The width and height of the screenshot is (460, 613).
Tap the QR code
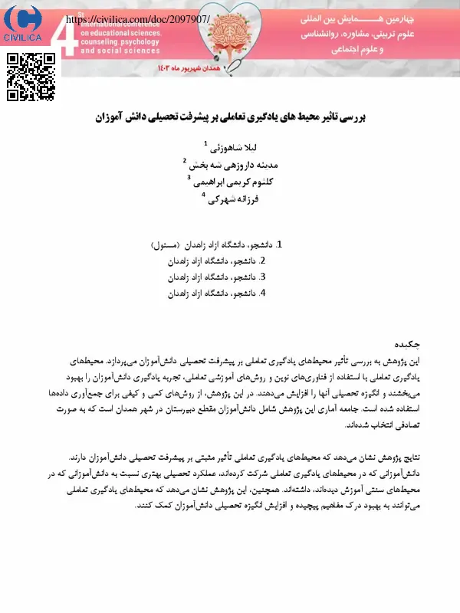30,77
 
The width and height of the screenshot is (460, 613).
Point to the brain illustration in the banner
229,38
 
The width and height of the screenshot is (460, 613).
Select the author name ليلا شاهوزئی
225,147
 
